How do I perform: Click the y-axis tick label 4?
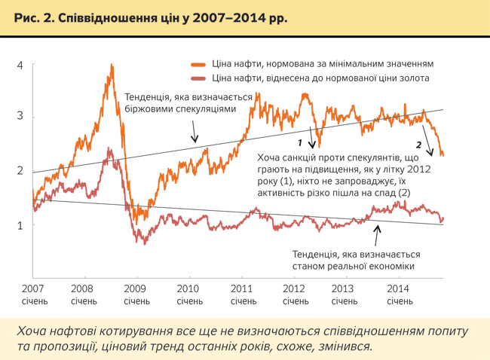tap(20, 66)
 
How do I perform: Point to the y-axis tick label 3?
tap(20, 117)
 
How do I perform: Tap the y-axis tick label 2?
tap(20, 171)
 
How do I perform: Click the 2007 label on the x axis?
tap(32, 289)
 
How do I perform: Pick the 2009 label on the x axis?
tap(135, 289)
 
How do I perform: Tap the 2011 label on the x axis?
tap(240, 289)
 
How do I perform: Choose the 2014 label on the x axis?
tap(398, 289)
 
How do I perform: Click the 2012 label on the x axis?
tap(293, 289)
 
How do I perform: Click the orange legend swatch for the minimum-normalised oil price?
tap(199, 65)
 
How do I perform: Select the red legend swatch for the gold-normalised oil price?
tap(199, 78)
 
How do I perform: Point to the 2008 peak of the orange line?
tap(112, 66)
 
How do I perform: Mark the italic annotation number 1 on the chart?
tap(299, 142)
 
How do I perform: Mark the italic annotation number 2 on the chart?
tap(418, 143)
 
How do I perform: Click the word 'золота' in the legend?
tap(413, 78)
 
